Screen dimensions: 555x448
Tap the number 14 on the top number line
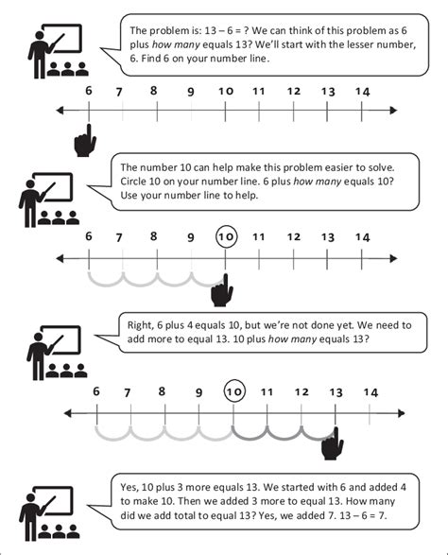click(363, 91)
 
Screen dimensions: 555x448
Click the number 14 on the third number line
click(370, 392)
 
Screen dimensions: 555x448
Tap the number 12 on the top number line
click(294, 91)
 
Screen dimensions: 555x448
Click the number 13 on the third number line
click(335, 392)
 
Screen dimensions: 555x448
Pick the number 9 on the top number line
click(191, 93)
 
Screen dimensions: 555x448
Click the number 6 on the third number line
click(95, 390)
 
